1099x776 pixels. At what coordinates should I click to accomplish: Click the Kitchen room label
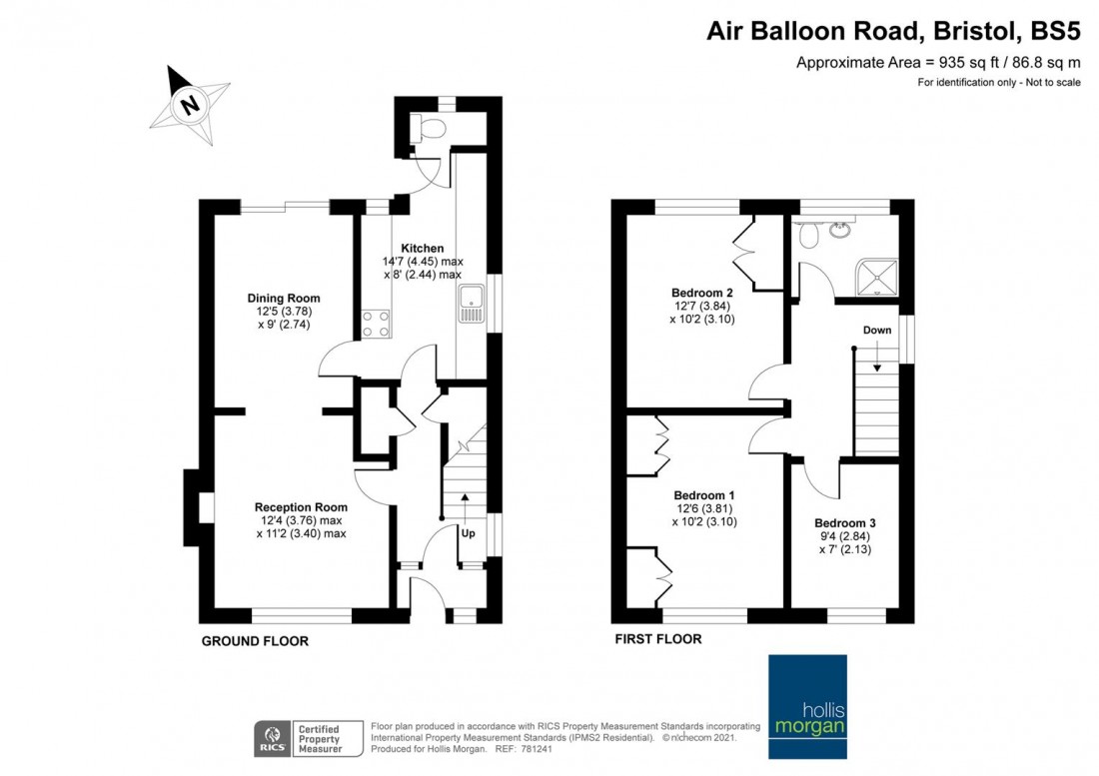point(422,248)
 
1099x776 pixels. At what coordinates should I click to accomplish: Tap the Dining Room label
point(283,298)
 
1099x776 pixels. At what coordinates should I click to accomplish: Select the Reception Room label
point(301,507)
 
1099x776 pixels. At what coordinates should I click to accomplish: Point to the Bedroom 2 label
point(701,293)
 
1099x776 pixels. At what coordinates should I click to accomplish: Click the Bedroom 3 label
point(844,523)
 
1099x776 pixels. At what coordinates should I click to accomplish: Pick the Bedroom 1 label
point(703,495)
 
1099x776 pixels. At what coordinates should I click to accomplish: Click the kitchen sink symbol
point(471,304)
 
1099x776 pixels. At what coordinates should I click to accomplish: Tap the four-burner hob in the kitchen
point(376,324)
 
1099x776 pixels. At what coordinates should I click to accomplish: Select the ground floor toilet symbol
point(429,128)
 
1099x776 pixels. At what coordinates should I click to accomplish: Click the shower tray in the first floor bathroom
point(877,280)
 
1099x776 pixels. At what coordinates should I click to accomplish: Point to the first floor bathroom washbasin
point(839,229)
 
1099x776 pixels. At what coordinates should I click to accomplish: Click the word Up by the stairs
point(469,533)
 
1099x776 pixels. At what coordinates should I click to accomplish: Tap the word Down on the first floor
point(877,330)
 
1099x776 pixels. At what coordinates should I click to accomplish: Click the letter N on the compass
point(189,105)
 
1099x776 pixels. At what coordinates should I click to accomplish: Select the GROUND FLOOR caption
point(255,641)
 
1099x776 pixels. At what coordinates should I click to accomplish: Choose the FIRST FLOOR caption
point(658,639)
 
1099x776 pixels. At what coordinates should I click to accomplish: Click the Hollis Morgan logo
point(807,707)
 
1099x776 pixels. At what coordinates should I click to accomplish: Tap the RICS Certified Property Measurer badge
point(309,739)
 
